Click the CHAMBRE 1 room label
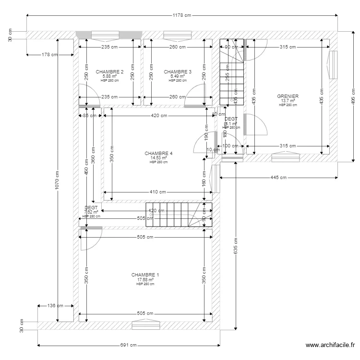coord(145,275)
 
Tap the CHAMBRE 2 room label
coord(109,72)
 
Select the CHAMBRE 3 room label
coord(178,72)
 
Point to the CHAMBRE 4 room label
coord(158,154)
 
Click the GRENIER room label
coord(288,96)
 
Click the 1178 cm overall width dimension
coord(181,15)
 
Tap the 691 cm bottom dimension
coord(129,345)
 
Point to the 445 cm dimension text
coord(278,178)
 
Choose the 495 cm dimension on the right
coord(353,97)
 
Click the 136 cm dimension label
coord(55,305)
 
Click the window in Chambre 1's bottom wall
coord(146,326)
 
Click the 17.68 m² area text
coord(145,279)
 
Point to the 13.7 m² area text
coord(288,101)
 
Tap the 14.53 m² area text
coord(158,158)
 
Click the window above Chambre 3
coord(178,35)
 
